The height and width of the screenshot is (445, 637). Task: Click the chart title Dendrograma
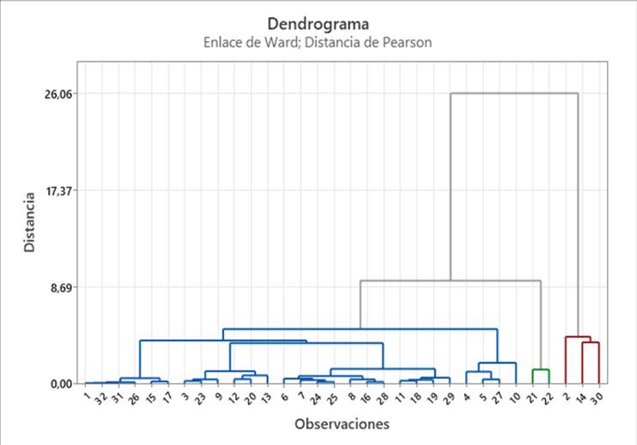pos(318,23)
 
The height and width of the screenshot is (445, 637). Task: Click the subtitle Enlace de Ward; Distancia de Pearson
pos(318,41)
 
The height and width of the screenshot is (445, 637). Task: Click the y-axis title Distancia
pos(29,222)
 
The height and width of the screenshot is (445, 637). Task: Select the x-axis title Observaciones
pos(342,424)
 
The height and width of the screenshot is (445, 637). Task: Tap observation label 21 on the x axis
pos(531,396)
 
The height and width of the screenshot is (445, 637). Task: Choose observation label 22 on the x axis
pos(547,396)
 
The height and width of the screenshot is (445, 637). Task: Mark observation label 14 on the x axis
pos(580,396)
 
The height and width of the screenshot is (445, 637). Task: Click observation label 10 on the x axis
pos(514,396)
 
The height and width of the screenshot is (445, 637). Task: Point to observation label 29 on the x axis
pos(448,396)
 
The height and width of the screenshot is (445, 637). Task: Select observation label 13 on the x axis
pos(265,396)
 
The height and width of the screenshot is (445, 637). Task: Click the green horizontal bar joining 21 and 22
pos(540,370)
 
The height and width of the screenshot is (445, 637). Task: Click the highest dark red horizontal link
pos(578,337)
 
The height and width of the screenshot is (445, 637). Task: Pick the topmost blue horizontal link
pos(360,329)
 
